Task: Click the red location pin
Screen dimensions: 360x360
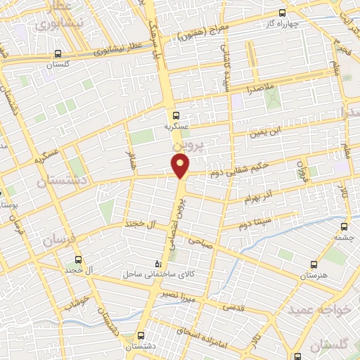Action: click(x=181, y=165)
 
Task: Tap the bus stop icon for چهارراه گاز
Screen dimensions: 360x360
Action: click(x=283, y=13)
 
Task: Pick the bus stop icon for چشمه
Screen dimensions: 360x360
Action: click(x=344, y=226)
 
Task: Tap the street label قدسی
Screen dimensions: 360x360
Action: click(x=233, y=307)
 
